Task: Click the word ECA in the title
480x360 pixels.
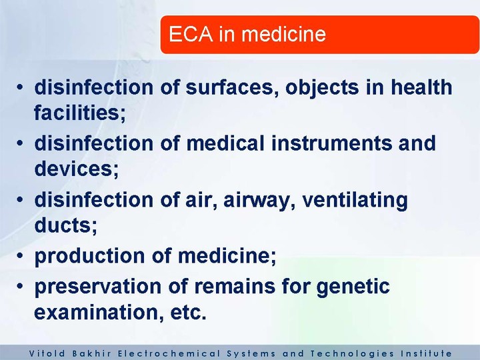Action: coord(191,34)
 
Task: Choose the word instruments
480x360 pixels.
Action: coord(331,143)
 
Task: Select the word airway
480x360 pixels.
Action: coord(259,200)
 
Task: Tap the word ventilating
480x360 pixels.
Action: coord(355,200)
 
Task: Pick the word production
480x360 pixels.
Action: coord(89,256)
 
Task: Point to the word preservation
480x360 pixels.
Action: coord(97,287)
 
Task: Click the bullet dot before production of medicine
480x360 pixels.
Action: coord(20,255)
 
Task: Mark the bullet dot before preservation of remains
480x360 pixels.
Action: coord(20,286)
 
